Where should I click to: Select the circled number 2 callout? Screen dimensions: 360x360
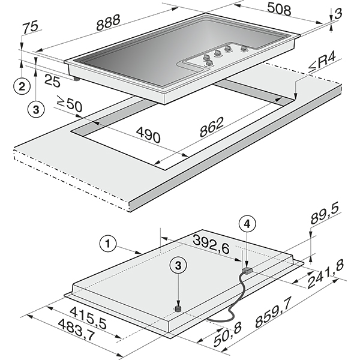click(22, 86)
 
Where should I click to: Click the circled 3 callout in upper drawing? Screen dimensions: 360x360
click(37, 109)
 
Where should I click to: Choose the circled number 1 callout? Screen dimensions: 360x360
click(108, 243)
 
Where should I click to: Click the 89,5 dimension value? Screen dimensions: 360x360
click(325, 224)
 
